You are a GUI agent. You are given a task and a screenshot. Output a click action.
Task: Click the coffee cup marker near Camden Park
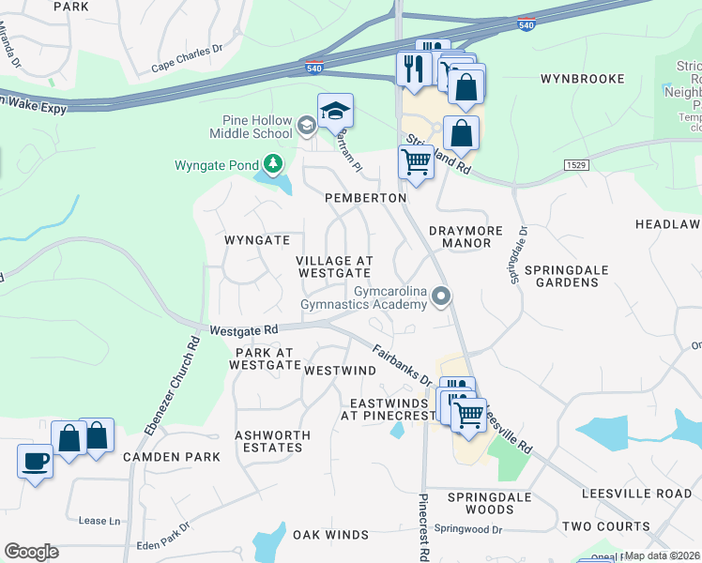point(36,462)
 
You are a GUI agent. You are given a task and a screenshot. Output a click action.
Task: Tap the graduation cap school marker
point(335,112)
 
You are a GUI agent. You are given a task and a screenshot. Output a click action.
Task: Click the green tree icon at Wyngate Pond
point(273,165)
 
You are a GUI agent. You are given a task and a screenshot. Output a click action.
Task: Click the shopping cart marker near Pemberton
point(417,161)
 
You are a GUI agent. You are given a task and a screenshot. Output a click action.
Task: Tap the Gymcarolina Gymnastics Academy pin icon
point(441,297)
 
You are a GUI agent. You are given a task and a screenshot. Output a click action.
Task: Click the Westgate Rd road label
point(244,330)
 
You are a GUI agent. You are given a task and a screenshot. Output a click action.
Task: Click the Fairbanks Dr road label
point(401,367)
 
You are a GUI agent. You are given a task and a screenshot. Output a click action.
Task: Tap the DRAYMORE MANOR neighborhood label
point(460,236)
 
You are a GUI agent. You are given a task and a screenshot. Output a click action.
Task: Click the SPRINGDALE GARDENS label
point(566,277)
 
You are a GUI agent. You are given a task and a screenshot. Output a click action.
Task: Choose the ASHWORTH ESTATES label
point(268,441)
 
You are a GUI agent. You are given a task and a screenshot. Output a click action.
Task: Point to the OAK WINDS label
point(330,535)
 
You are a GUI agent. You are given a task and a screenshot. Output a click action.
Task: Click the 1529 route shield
point(576,165)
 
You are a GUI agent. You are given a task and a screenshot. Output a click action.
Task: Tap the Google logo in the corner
point(32,552)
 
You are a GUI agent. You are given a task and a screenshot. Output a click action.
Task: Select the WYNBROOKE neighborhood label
point(582,79)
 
